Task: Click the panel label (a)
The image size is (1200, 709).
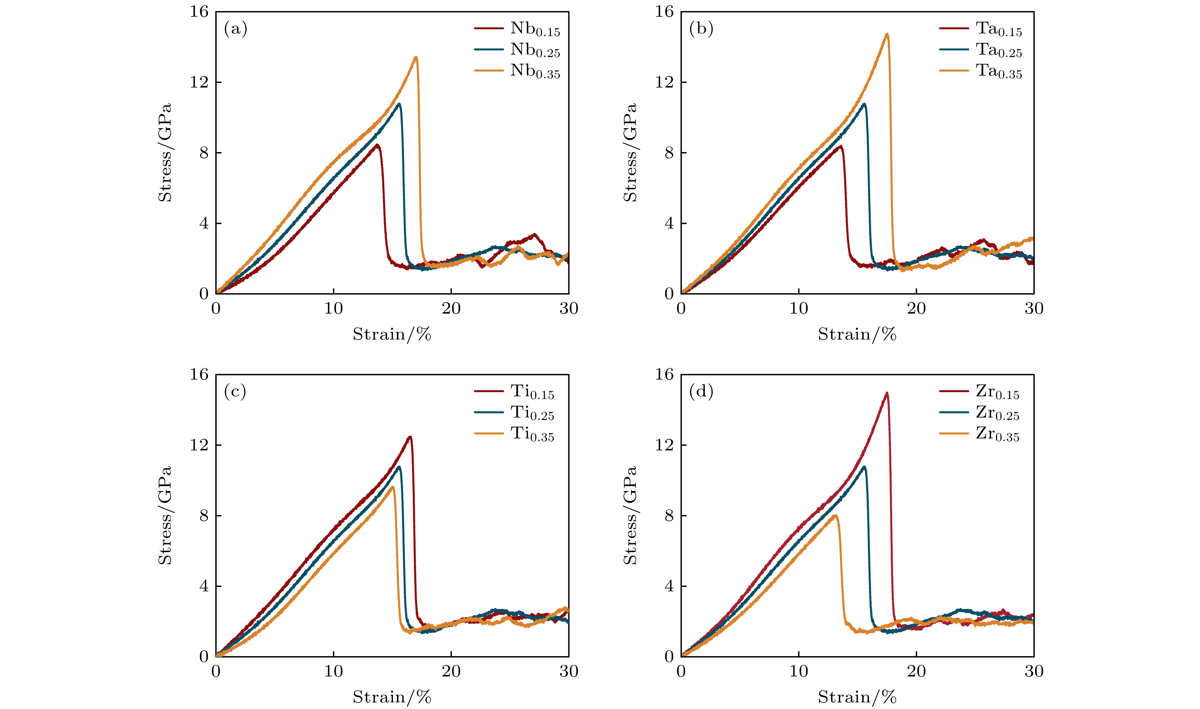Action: click(x=235, y=30)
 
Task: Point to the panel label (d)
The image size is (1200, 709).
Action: click(x=701, y=392)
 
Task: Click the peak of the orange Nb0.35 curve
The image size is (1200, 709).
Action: click(x=416, y=58)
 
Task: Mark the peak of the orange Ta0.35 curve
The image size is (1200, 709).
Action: click(x=887, y=34)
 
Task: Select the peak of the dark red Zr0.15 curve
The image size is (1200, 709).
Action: click(x=887, y=393)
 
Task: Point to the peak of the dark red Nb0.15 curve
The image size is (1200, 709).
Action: click(x=377, y=145)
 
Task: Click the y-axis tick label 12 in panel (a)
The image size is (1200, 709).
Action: click(x=199, y=82)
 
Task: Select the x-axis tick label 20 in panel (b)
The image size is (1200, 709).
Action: click(x=916, y=309)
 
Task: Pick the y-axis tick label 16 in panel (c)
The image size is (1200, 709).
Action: click(x=199, y=375)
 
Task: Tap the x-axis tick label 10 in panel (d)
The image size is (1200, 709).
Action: click(x=799, y=671)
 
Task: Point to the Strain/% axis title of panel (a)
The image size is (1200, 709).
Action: click(x=392, y=334)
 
